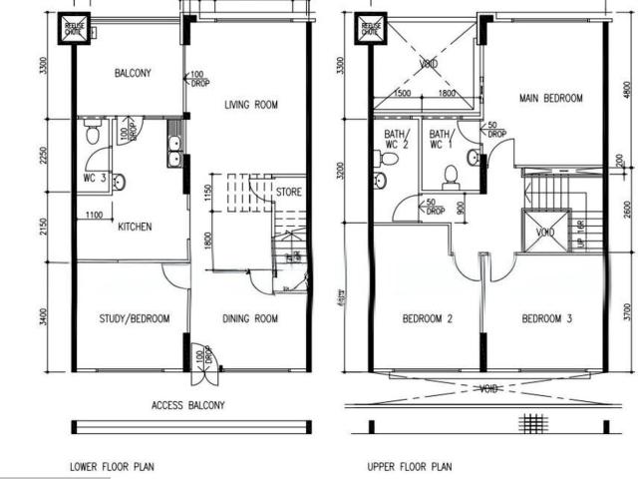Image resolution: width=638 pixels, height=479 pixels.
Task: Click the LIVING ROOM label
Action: (250, 105)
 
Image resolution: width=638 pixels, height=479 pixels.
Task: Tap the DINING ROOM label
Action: (249, 319)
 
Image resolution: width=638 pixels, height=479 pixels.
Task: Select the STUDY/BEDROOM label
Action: (135, 319)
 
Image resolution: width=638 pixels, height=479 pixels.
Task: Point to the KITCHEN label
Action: (135, 227)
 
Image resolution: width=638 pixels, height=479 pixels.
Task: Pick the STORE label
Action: (289, 192)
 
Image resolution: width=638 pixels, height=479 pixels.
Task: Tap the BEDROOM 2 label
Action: (429, 319)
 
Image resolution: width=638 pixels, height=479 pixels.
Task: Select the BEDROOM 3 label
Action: (548, 319)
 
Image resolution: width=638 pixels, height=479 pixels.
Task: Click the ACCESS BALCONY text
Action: (188, 405)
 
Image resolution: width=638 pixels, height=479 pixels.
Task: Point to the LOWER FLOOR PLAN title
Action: (112, 465)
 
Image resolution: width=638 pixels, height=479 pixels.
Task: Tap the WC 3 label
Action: (95, 180)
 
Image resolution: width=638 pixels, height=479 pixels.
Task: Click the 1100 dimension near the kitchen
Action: (95, 215)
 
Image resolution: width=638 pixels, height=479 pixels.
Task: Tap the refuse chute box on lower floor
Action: (73, 27)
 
